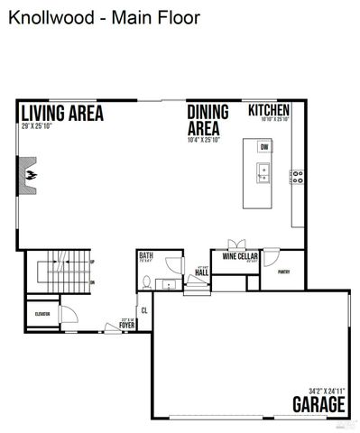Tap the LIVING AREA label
61,114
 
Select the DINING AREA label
207,120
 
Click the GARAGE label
318,402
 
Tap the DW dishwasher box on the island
264,147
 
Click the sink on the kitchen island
263,171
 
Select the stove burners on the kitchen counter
296,177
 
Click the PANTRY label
283,272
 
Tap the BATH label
145,256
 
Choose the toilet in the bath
146,281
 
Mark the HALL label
202,271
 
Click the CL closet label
143,311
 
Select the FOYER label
127,324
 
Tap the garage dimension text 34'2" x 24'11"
326,389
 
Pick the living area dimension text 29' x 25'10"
36,125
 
